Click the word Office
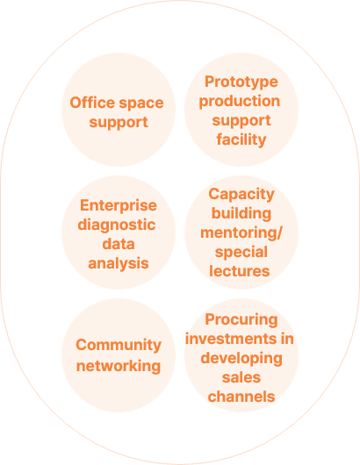point(92,103)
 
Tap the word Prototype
point(241,82)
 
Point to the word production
point(240,102)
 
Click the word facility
point(241,139)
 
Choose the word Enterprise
point(119,205)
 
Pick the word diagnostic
point(117,225)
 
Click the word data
point(119,244)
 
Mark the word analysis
point(119,264)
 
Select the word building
point(241,213)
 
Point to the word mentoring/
point(241,232)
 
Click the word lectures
point(240,271)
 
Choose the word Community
point(119,346)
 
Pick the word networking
point(119,366)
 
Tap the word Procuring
point(241,320)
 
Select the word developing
point(241,359)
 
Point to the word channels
point(241,397)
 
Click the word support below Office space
point(119,123)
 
